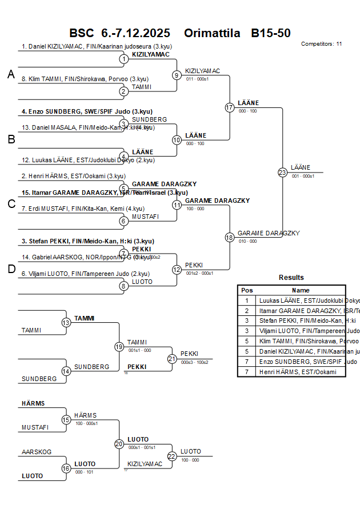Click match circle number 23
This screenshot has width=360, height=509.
282,173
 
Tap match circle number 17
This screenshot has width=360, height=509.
230,107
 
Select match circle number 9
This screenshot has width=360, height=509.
177,75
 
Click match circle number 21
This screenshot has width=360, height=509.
172,359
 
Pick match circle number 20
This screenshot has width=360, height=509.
119,444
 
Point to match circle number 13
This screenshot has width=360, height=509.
66,323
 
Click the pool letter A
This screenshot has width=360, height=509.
11,74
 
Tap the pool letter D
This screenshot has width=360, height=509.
11,269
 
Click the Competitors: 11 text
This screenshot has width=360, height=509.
321,43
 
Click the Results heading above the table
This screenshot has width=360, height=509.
291,278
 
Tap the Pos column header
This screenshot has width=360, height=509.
247,290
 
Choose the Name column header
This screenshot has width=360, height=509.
301,290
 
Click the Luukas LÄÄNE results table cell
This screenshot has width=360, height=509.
301,300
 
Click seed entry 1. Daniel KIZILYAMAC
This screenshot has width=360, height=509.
97,46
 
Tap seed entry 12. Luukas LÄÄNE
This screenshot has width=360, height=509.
88,160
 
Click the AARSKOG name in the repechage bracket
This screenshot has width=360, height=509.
37,452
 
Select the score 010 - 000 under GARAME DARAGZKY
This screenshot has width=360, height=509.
247,241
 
